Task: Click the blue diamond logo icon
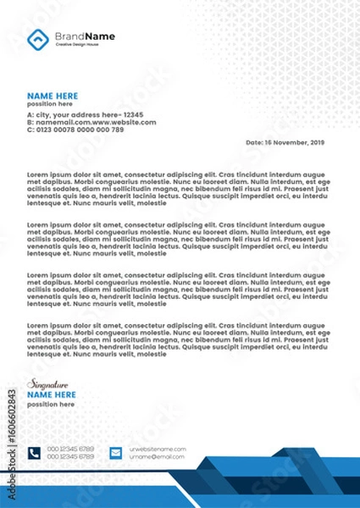tap(38, 38)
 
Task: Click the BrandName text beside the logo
tap(85, 36)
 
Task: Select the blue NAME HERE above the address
tap(53, 96)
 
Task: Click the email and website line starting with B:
tap(91, 122)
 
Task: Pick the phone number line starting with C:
tap(75, 130)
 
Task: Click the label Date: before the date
tap(254, 143)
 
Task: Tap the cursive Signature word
tap(44, 384)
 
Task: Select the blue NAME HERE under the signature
tap(52, 395)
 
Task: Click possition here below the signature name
tap(50, 404)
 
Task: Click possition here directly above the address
tap(49, 103)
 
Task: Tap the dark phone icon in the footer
tap(34, 453)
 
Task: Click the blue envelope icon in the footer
tap(116, 453)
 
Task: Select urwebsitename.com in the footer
tap(157, 449)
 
